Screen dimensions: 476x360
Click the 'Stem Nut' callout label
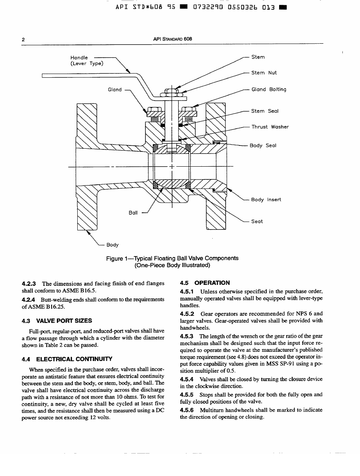[264, 73]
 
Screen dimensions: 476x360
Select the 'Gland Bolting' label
[269, 89]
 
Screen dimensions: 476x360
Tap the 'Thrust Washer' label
[270, 127]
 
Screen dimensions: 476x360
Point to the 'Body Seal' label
[263, 145]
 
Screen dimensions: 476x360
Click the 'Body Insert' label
[266, 200]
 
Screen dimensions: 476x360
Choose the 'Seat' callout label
[257, 221]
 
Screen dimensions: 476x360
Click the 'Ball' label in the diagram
[133, 213]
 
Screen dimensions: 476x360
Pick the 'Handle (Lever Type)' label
[86, 61]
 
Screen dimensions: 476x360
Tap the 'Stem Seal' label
[265, 111]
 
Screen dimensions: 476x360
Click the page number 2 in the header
[24, 40]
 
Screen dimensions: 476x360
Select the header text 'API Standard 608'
[173, 39]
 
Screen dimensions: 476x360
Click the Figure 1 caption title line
[172, 258]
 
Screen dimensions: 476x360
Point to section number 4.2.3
[30, 284]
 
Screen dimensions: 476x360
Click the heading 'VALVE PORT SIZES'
[64, 321]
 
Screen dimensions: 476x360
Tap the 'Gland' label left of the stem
[115, 89]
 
